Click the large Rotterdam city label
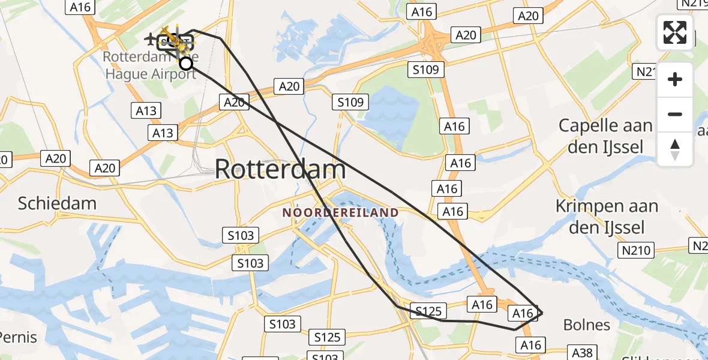coord(280,169)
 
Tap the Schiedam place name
coord(57,203)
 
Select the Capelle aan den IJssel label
coord(605,136)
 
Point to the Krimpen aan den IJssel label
coord(606,217)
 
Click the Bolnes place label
coord(586,325)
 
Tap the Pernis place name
coord(18,337)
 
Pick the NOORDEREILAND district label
coord(340,212)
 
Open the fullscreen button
coord(675,32)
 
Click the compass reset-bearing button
coord(675,149)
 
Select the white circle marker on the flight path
coord(186,63)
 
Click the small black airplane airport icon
coord(151,39)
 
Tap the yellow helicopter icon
coord(173,40)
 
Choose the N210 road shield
coord(636,250)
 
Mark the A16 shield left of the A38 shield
coord(530,345)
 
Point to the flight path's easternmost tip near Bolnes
coord(542,313)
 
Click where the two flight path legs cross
coord(277,122)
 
